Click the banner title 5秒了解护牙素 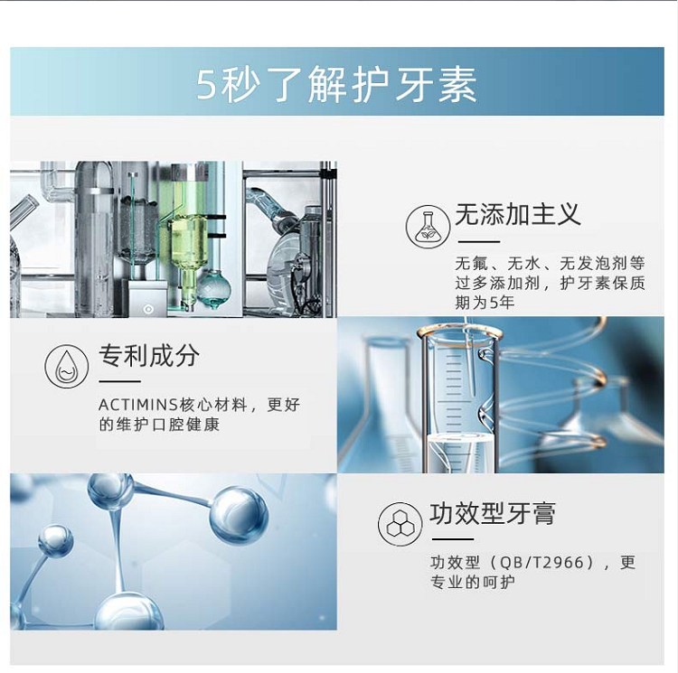pos(337,84)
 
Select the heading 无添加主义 pos(518,214)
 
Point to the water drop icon pos(67,366)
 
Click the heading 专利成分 pos(149,355)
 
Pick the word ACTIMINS pos(138,406)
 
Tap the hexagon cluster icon pos(400,524)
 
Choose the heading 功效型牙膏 pos(493,513)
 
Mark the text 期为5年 pos(485,302)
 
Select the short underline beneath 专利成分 pos(119,381)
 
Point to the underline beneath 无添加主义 pos(478,242)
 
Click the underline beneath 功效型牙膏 pos(453,539)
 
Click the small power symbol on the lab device pos(148,309)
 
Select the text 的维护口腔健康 pos(159,425)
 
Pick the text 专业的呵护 pos(473,582)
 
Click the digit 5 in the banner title pos(206,85)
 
